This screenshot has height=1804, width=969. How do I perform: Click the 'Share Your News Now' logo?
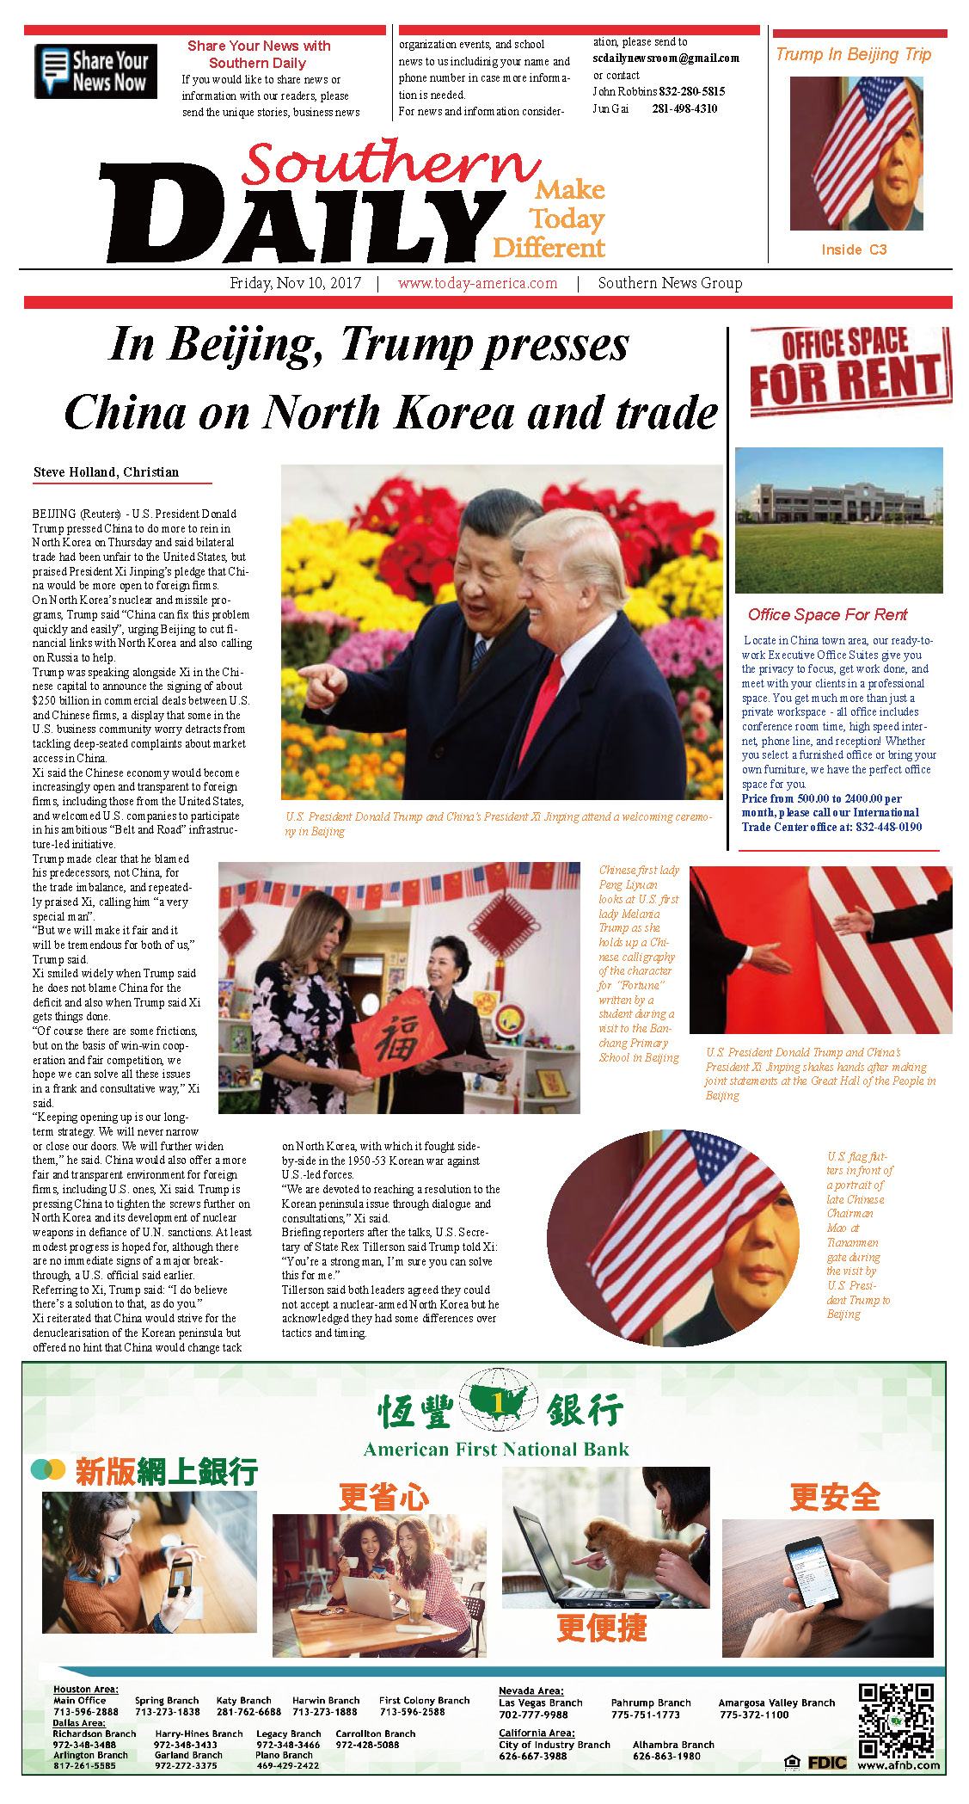tap(95, 71)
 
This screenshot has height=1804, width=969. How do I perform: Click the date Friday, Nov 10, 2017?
tap(295, 283)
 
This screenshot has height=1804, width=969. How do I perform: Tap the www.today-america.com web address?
tap(477, 283)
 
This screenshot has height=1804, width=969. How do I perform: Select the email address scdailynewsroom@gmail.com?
tap(665, 58)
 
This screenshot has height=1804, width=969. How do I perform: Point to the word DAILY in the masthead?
tap(301, 215)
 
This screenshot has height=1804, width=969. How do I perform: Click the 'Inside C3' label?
tap(854, 249)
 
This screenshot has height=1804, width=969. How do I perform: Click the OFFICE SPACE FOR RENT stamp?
tap(849, 370)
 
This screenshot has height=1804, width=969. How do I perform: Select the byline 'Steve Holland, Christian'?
tap(106, 472)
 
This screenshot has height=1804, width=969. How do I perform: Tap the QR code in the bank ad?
tap(896, 1721)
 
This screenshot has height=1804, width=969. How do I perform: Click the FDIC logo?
tap(826, 1763)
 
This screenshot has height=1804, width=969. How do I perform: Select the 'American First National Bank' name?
tap(496, 1450)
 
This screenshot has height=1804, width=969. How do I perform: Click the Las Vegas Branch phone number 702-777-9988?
tap(533, 1715)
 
